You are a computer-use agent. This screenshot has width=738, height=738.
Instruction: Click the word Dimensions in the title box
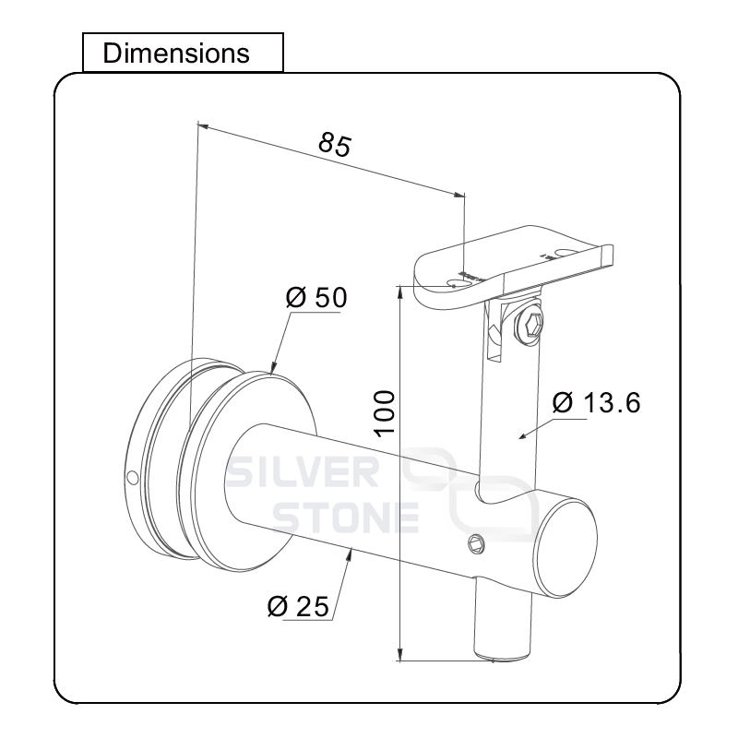tap(176, 54)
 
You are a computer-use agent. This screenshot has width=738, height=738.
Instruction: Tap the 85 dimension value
tap(335, 144)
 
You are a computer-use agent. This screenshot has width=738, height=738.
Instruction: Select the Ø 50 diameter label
tap(316, 297)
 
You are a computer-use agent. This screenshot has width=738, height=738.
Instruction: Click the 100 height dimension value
tap(384, 413)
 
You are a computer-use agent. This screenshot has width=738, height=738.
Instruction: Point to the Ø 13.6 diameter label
tap(596, 403)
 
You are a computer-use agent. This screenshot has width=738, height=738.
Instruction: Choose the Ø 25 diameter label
tap(298, 606)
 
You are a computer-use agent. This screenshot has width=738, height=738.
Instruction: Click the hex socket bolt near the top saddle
tap(529, 324)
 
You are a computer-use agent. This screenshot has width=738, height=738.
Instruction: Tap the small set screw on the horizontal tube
tap(476, 544)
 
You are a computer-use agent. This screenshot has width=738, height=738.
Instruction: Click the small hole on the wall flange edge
tap(133, 478)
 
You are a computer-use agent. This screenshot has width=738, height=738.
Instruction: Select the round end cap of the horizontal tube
tap(565, 549)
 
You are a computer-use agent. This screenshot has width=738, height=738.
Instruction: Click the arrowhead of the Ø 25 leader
tap(350, 553)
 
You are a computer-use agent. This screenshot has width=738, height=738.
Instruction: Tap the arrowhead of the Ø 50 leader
tap(272, 369)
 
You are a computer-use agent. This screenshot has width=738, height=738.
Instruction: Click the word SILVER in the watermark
tap(303, 472)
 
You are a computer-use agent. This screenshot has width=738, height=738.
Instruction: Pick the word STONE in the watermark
tap(346, 518)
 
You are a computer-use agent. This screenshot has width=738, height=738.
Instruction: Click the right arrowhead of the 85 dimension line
tap(459, 194)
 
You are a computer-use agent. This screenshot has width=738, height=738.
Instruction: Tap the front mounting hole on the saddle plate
tap(456, 284)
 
